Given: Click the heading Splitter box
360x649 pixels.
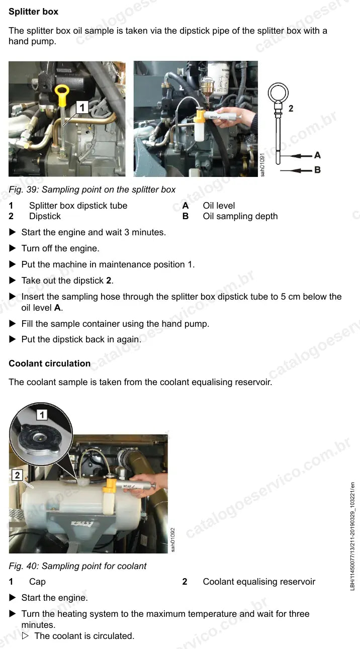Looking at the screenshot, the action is point(33,12).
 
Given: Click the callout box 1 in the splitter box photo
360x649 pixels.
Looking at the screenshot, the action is point(82,108).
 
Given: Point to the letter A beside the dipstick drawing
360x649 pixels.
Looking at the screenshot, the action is point(317,155).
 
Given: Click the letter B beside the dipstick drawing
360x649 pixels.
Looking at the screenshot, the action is point(317,170).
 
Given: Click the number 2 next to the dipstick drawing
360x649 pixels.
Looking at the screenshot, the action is point(291,109).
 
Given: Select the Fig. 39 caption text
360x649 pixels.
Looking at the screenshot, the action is point(92,190).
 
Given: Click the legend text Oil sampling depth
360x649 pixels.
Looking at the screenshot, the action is point(240,216).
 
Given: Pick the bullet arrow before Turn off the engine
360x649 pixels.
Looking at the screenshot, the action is point(13,248).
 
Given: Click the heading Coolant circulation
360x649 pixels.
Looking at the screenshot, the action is point(50,363).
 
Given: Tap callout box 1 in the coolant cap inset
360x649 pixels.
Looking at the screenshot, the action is point(42,415).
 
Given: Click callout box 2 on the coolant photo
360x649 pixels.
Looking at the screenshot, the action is point(17,475).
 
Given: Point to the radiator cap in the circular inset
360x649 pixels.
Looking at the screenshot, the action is point(39,441).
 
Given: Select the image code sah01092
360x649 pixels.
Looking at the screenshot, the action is point(173,540).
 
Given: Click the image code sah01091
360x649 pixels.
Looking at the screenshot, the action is point(262,164).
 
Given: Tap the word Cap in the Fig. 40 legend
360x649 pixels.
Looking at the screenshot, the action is point(37,582).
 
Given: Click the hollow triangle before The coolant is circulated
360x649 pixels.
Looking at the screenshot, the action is point(26,635).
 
